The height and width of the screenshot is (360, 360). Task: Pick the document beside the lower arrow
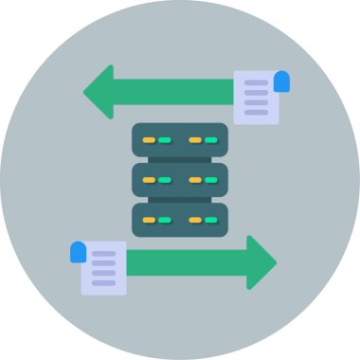[x=103, y=268]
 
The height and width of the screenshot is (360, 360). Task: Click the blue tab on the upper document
[x=281, y=81]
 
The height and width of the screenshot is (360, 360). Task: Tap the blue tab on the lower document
[x=78, y=252]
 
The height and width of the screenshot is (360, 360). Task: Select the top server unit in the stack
[x=180, y=139]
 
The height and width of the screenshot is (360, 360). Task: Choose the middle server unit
[x=180, y=179]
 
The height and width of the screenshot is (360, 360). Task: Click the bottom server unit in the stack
[x=180, y=219]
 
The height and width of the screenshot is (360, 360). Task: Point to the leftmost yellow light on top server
[x=149, y=140]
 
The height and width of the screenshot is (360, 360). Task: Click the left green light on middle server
[x=165, y=180]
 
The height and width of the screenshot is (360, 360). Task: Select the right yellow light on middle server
[x=195, y=180]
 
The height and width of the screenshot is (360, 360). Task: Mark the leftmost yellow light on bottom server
[x=149, y=220]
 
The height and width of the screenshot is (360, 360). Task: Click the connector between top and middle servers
[x=180, y=159]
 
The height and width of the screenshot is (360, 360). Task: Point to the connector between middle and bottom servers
[x=180, y=199]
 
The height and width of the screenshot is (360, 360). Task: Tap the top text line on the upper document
[x=256, y=83]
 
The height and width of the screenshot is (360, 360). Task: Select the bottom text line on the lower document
[x=103, y=282]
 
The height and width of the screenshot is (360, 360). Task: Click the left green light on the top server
[x=165, y=140]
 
